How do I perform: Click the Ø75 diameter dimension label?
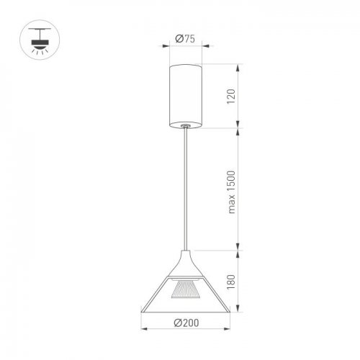pos(185,39)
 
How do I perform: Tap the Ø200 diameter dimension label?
pos(186,323)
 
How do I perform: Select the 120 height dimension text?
pos(231,96)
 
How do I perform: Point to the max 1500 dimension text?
pos(231,192)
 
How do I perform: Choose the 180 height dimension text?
pos(231,282)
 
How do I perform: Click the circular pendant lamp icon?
pos(40,40)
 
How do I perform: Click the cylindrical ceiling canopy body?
pos(186,96)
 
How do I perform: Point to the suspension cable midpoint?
pos(186,189)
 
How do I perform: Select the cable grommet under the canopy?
pos(185,125)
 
